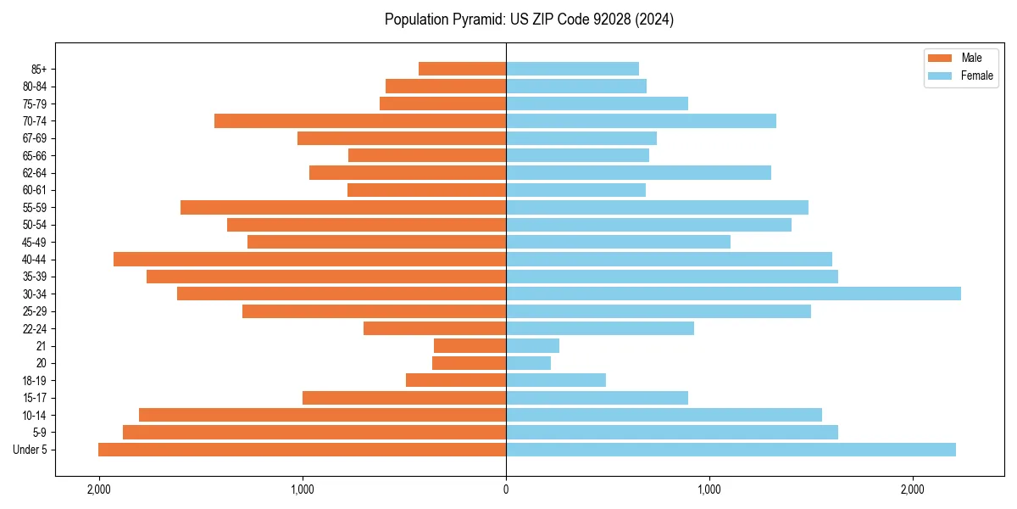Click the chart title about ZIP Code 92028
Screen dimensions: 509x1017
tap(529, 20)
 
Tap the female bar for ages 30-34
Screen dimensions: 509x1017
tap(733, 294)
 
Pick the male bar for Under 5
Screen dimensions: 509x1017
tap(302, 450)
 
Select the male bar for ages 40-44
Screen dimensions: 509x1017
tap(309, 259)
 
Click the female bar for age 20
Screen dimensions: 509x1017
tap(528, 363)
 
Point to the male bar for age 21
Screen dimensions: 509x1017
tap(470, 346)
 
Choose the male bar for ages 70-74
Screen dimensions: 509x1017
tap(360, 120)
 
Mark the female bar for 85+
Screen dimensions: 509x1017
tap(572, 69)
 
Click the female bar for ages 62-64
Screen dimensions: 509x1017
tap(638, 172)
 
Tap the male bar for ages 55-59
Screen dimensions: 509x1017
tap(343, 207)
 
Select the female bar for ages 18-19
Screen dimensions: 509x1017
tap(556, 380)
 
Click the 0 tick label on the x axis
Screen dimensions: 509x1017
tap(506, 489)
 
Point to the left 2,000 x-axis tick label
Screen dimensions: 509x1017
tap(99, 489)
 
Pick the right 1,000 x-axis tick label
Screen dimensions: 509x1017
tap(709, 489)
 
